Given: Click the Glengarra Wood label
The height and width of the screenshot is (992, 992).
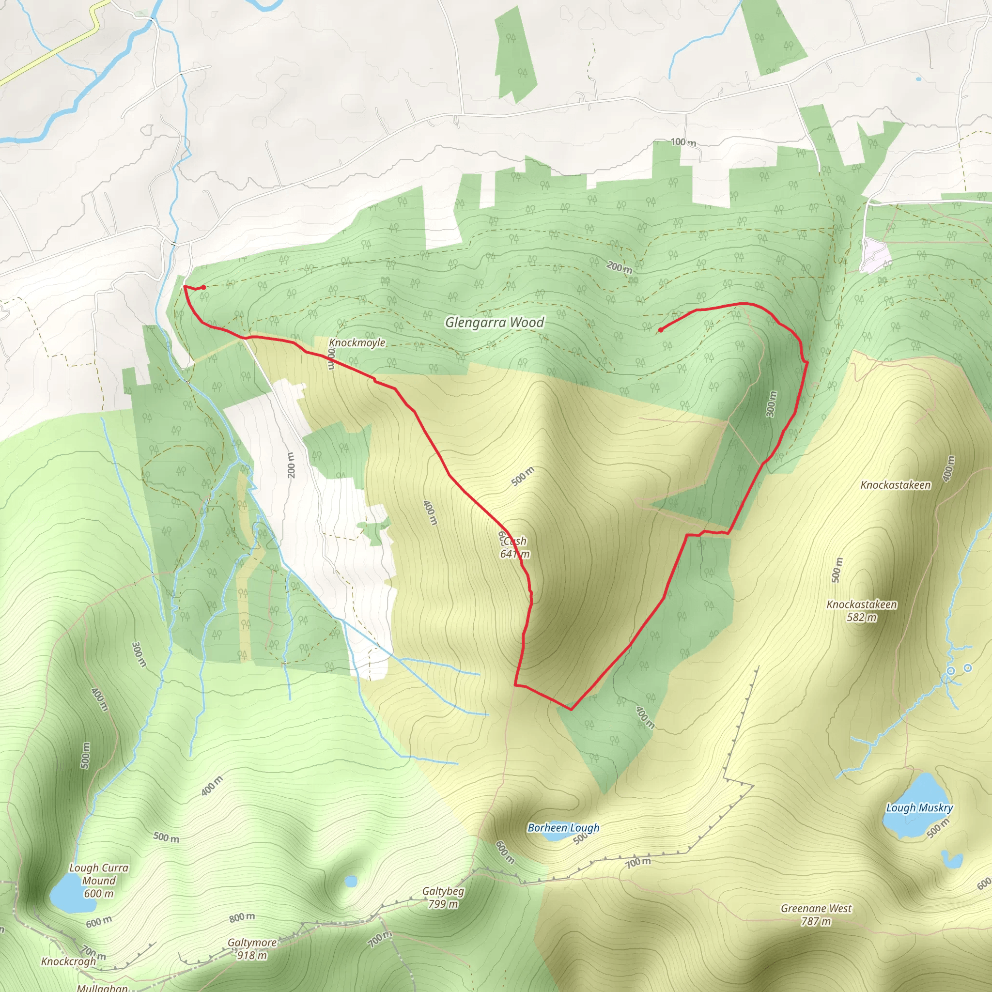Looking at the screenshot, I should pos(494,323).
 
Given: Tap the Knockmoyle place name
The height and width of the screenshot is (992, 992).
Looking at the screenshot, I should pos(357,342).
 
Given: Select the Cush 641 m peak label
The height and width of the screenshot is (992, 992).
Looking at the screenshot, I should pos(514,547).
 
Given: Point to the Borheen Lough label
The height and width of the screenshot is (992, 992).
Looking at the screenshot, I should pos(563,827).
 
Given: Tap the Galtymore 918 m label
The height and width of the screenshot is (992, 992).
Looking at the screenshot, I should pos(252,949).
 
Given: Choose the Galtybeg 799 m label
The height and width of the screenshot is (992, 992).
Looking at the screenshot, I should pos(443,898).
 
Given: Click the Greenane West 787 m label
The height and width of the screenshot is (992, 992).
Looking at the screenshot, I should pos(816,914).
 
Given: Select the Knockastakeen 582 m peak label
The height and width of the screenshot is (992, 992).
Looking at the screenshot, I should pos(862,610).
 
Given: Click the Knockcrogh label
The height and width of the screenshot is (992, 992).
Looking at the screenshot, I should pos(68,961).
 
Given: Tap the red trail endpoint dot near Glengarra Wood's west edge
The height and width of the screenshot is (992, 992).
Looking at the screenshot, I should pos(204,288).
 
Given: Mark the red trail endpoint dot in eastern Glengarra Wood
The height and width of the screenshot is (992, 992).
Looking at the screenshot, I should pos(660,330).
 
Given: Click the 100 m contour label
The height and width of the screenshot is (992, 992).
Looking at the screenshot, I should pos(683,142).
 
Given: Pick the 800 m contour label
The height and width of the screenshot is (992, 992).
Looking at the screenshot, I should pos(242,916).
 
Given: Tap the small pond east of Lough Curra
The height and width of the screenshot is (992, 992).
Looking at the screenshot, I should pos(351,882).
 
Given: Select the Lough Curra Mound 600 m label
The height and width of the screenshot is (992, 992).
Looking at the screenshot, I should pos(99,881).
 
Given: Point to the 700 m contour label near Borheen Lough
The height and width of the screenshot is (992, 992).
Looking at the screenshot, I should pos(638,863).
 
